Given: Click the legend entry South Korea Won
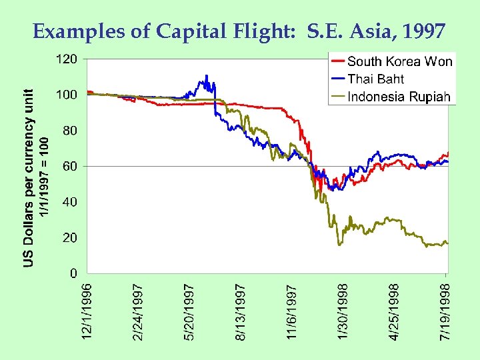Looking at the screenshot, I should pyautogui.click(x=399, y=62).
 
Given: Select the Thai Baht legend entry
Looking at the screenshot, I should pyautogui.click(x=375, y=79).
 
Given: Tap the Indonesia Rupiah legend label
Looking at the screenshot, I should pyautogui.click(x=399, y=97).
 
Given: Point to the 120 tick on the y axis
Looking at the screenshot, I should pyautogui.click(x=65, y=59).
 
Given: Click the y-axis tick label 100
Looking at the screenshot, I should pyautogui.click(x=65, y=95).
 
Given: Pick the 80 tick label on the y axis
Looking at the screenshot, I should pyautogui.click(x=69, y=131).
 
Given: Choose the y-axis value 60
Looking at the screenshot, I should pyautogui.click(x=69, y=166).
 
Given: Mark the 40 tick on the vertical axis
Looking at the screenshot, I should pyautogui.click(x=69, y=202).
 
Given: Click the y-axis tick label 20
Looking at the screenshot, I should pyautogui.click(x=69, y=238).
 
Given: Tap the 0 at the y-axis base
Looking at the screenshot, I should pyautogui.click(x=73, y=273).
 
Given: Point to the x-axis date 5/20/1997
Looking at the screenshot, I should pyautogui.click(x=190, y=312).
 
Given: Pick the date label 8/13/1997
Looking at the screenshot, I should pyautogui.click(x=241, y=312).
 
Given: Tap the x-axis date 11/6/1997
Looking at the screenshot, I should pyautogui.click(x=293, y=312).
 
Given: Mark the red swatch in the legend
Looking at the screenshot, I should pyautogui.click(x=337, y=62).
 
